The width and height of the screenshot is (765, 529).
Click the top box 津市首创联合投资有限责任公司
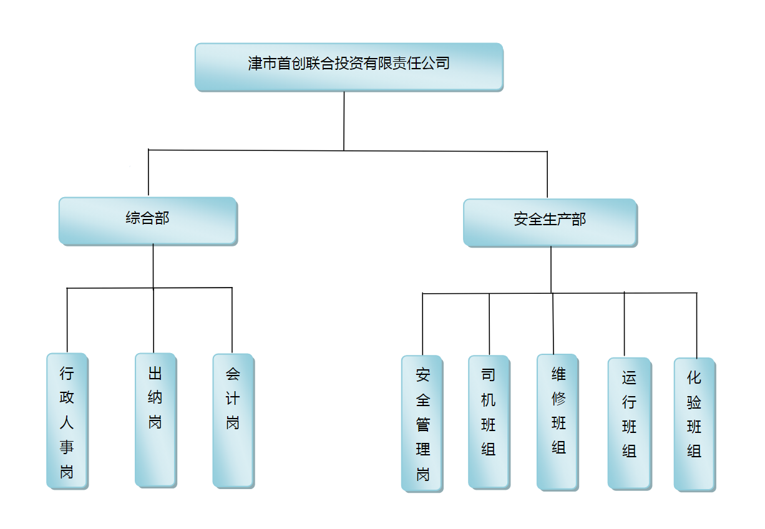(349, 66)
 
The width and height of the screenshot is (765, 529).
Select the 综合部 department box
(148, 220)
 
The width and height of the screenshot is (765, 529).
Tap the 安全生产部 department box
(550, 222)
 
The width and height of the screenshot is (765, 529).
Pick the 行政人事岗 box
(67, 421)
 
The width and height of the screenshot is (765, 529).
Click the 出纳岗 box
(155, 419)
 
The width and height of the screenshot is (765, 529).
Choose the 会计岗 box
(233, 420)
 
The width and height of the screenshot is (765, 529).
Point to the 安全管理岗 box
(422, 424)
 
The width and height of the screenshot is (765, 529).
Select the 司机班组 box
(489, 421)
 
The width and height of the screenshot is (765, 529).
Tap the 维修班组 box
(558, 421)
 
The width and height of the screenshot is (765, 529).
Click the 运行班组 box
(629, 423)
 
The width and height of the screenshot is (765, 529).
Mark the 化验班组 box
(694, 424)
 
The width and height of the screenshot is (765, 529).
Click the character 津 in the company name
(255, 63)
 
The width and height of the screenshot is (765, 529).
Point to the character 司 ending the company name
(442, 63)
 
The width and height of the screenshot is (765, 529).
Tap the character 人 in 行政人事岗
(67, 422)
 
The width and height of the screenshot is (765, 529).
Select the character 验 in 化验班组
(694, 402)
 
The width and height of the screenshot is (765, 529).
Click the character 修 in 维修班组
(558, 399)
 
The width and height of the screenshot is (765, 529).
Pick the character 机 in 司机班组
(489, 400)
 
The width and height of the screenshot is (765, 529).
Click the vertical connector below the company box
(344, 120)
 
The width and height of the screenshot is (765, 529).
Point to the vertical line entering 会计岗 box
(232, 321)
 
